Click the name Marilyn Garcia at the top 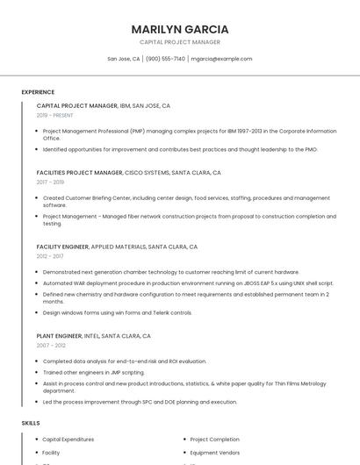point(180,29)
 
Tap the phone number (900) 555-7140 point(166,59)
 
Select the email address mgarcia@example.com point(221,59)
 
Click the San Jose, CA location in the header point(124,59)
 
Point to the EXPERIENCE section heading point(38,92)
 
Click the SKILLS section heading point(31,423)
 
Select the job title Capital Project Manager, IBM point(103,105)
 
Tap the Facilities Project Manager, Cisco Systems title point(128,173)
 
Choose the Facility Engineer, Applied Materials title point(117,247)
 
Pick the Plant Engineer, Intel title point(93,336)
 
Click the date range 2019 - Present point(55,115)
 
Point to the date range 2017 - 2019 point(50,182)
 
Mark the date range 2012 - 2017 point(50,256)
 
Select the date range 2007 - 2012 point(50,346)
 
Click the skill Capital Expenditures point(68,439)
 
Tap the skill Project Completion point(214,439)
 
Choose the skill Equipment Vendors point(215,453)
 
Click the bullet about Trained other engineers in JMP point(94,372)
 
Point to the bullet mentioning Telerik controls point(117,312)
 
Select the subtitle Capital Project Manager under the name point(180,42)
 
